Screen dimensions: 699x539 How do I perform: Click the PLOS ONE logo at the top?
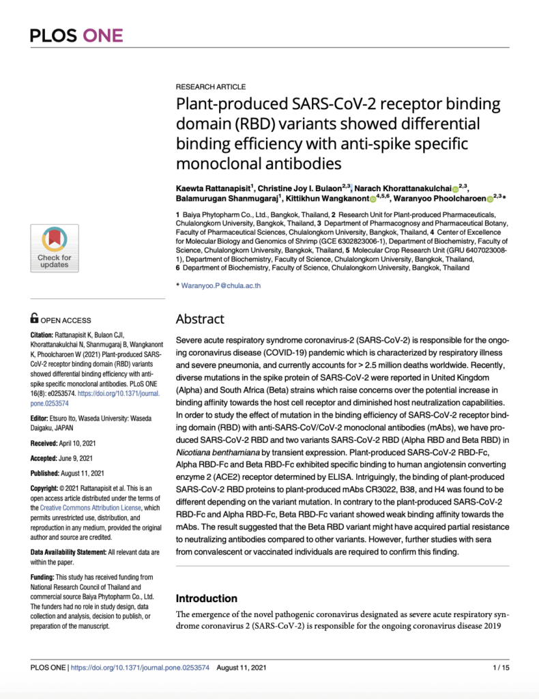point(76,35)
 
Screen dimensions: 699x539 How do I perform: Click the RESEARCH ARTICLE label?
point(211,87)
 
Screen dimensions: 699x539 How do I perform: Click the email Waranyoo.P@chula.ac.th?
point(221,286)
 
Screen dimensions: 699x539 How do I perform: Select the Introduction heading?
point(207,598)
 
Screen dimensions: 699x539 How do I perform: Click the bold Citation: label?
point(45,335)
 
